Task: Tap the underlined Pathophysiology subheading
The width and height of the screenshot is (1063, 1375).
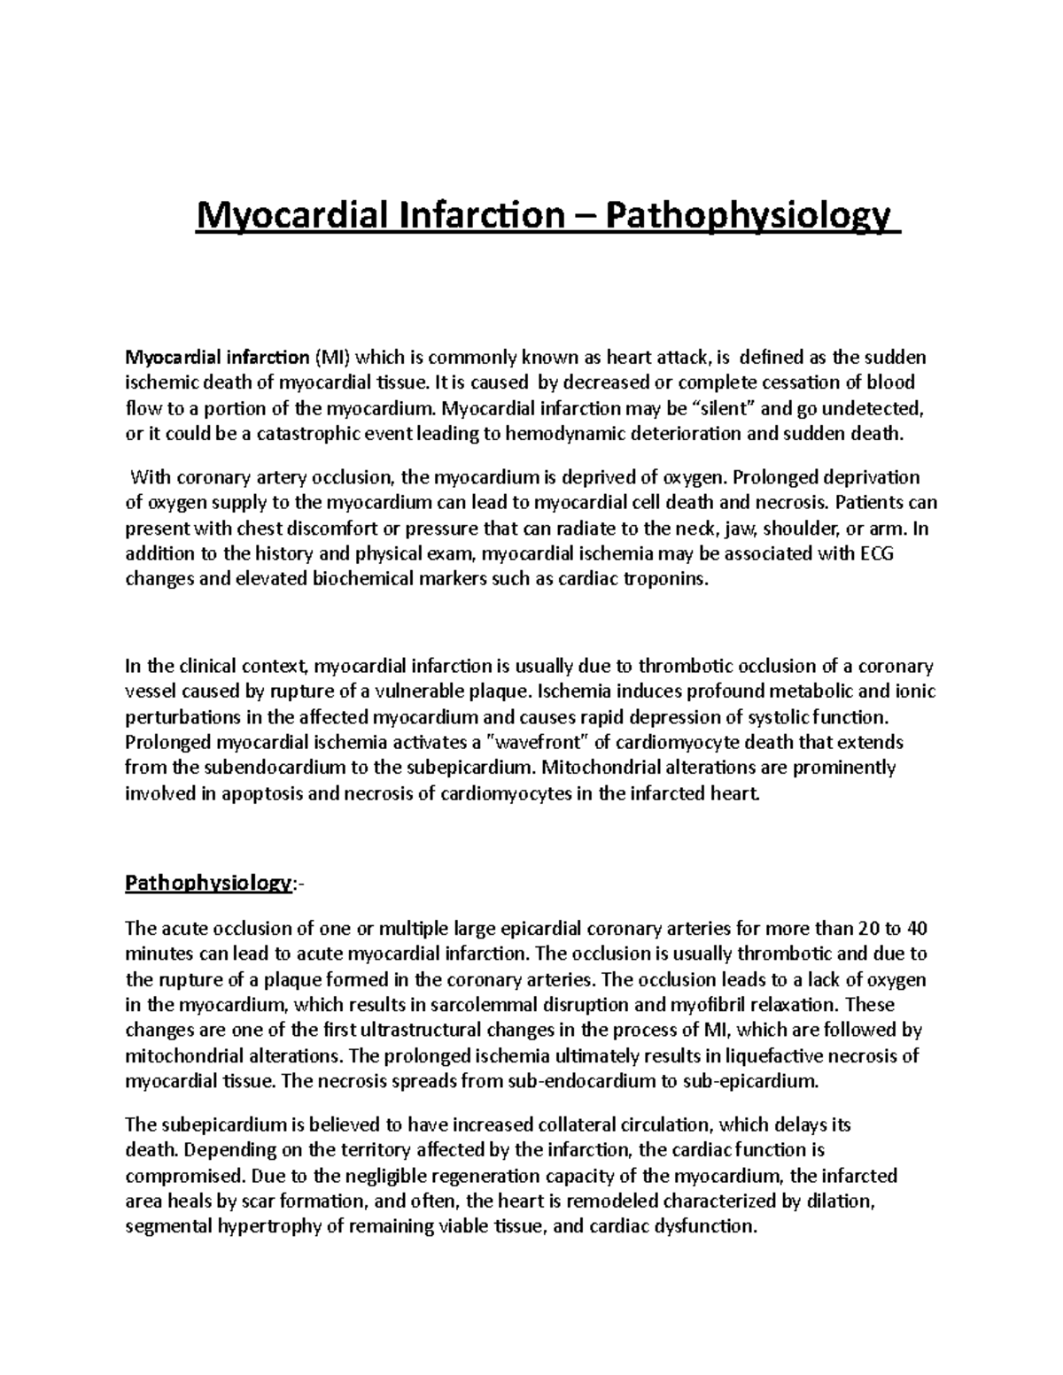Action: [x=207, y=883]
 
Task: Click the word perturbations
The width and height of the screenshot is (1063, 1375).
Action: [x=181, y=716]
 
